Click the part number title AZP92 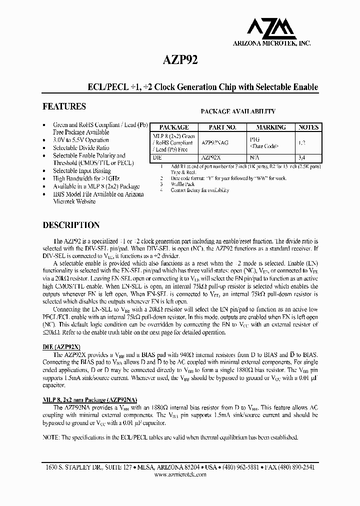tap(179, 60)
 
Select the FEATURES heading tap(64, 106)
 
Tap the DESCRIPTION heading tap(71, 225)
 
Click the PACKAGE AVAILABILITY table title tap(237, 112)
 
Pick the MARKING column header tap(270, 127)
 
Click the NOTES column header tap(308, 127)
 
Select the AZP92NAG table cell tap(214, 142)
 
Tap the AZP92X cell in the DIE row tap(212, 156)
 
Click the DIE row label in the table tap(156, 156)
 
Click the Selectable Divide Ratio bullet tap(81, 148)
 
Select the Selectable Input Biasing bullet tap(82, 171)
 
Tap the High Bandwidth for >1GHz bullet tap(86, 178)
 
